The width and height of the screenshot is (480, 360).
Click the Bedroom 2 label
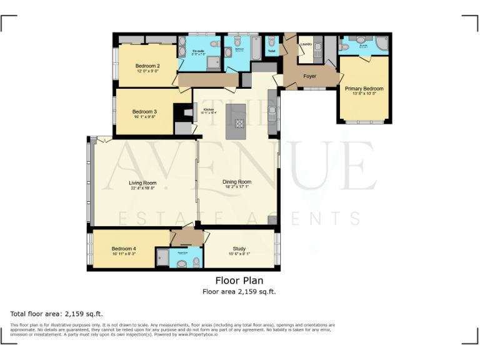[147, 66]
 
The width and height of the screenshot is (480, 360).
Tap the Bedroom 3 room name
[144, 112]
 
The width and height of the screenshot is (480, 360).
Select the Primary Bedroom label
[364, 89]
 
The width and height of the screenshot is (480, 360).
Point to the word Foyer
[309, 76]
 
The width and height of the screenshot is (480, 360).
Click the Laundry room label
[306, 44]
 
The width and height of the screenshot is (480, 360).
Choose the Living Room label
[142, 183]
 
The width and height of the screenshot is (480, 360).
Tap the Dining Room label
[237, 182]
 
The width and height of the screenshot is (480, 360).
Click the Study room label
[239, 248]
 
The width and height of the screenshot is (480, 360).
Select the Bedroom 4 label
[124, 248]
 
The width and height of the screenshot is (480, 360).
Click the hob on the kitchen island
[240, 123]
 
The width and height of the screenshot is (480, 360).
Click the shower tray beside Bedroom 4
[162, 256]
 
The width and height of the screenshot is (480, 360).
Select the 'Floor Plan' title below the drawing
[239, 281]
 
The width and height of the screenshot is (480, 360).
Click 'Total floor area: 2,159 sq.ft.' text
[56, 313]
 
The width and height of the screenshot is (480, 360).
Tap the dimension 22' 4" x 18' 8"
[142, 188]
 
